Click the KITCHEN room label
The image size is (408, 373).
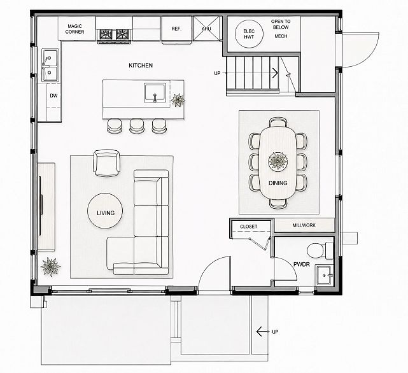point(141,66)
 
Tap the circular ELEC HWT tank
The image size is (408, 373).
point(249,34)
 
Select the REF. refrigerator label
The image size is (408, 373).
point(176,29)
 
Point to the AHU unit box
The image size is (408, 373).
point(206,29)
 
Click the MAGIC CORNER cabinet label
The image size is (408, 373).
point(74,29)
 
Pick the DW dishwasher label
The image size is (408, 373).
point(53,95)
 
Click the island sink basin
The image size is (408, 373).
point(155,93)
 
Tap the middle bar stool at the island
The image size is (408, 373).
point(137,125)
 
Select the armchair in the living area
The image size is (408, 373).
point(107,163)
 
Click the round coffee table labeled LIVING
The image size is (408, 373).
point(105,211)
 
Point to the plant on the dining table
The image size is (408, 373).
point(278,161)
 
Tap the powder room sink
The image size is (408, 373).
point(324,275)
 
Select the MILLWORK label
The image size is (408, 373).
point(304,225)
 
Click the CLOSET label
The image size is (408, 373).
point(248,227)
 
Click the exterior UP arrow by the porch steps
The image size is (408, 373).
point(262,332)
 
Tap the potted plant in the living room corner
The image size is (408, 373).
point(50,267)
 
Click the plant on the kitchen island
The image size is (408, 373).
point(178,100)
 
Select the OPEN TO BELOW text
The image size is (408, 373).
point(281,24)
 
